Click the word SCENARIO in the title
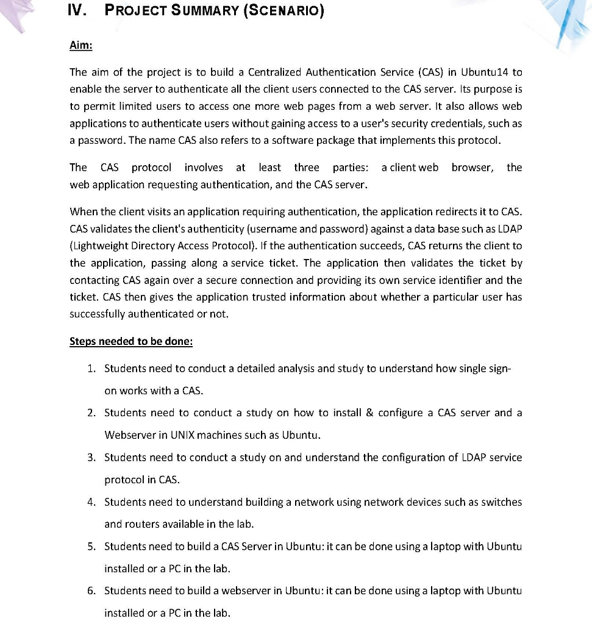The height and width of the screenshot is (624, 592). coord(284,12)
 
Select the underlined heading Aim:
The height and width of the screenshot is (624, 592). coord(81,47)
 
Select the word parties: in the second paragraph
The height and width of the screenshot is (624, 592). coord(351,167)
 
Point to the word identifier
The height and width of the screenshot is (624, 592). coord(476,280)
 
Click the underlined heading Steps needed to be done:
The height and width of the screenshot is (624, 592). coord(131,341)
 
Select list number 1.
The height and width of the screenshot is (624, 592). coord(91,369)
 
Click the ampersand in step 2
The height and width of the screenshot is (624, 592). coord(369,413)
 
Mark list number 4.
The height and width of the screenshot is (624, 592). coord(91,502)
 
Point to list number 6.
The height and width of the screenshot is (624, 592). coord(91,591)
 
